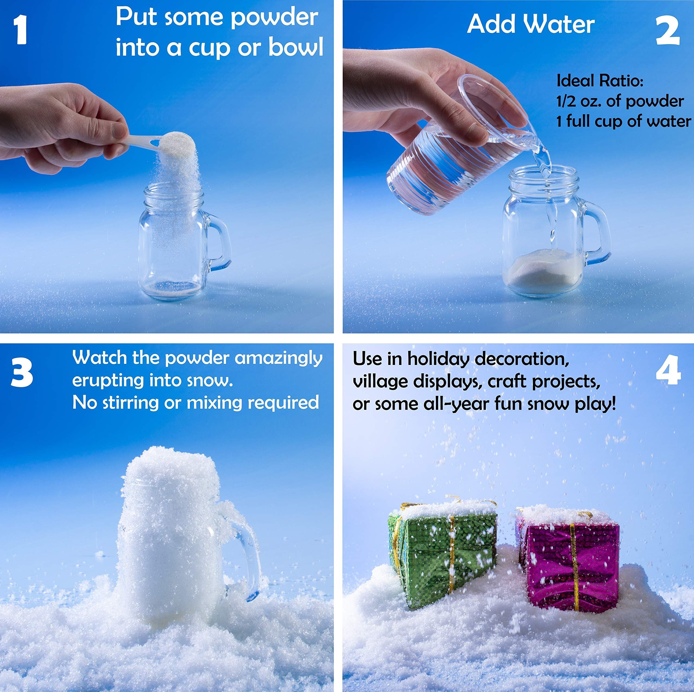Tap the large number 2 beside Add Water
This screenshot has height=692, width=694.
pos(667,32)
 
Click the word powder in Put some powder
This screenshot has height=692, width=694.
pos(274,17)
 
